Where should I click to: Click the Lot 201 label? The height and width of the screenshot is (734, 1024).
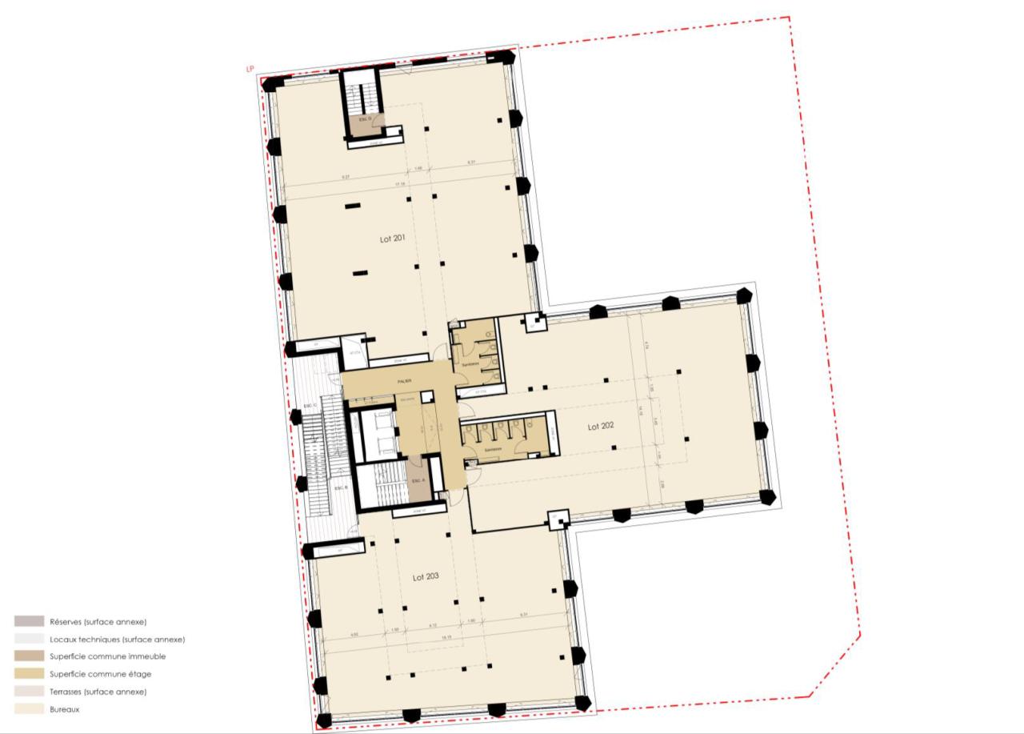393,239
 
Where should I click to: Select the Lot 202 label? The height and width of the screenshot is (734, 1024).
601,427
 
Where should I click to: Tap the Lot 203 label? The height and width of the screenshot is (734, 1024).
426,576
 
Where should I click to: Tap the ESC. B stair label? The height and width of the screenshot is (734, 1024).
339,488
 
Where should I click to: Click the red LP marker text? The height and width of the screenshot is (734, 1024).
250,70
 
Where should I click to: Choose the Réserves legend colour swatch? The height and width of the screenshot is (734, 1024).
29,621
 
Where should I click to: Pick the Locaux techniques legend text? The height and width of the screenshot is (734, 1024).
117,640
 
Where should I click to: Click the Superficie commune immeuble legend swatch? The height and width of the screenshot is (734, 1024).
29,656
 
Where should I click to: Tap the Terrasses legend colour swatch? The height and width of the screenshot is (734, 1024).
29,691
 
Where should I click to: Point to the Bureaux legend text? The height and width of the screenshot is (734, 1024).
64,709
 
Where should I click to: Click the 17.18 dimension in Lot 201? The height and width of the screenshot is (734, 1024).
398,184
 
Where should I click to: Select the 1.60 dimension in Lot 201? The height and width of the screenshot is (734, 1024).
418,169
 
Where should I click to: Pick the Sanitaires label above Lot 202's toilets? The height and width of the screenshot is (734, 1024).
491,450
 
